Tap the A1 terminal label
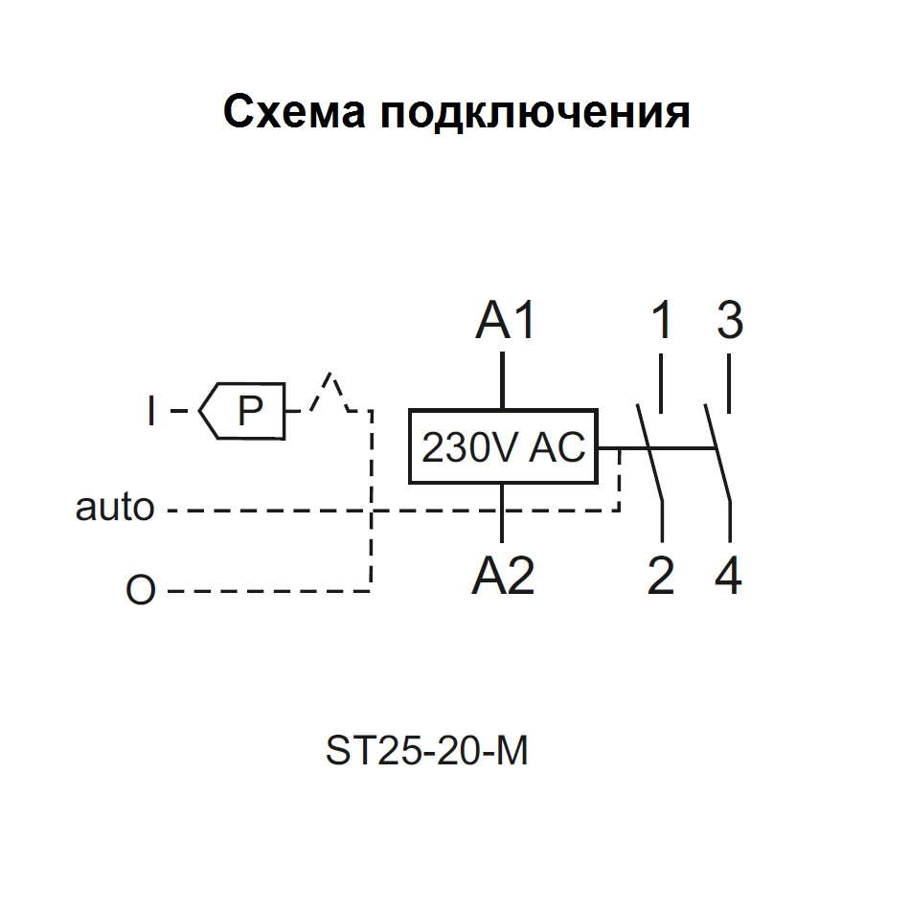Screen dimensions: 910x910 (x=505, y=322)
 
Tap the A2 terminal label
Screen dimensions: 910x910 (x=503, y=577)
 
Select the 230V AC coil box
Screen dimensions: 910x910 (x=503, y=447)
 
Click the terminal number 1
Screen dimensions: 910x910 (x=661, y=322)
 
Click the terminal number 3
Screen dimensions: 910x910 (x=730, y=322)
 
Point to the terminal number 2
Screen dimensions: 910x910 (x=661, y=577)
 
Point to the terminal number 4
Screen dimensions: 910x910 (x=730, y=577)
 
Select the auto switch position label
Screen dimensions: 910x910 (x=115, y=508)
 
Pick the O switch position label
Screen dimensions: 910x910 (x=140, y=591)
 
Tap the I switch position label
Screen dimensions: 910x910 (x=150, y=412)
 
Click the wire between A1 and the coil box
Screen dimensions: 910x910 (x=503, y=381)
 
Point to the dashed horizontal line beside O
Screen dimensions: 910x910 (x=268, y=591)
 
